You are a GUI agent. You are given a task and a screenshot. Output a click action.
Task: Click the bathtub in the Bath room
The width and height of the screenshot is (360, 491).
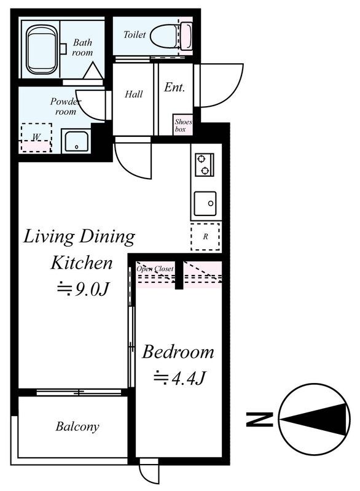(42, 50)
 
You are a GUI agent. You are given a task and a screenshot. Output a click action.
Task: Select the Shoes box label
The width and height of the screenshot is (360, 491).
(183, 125)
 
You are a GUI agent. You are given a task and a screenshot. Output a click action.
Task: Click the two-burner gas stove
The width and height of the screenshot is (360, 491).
(205, 164)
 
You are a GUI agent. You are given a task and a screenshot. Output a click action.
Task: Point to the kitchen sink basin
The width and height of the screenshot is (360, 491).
(205, 204)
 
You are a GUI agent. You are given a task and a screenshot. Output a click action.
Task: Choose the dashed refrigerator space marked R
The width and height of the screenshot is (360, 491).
(205, 236)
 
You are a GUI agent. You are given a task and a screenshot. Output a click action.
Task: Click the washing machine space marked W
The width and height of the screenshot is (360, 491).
(36, 137)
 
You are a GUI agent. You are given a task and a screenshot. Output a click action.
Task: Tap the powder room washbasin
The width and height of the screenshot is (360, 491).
(76, 142)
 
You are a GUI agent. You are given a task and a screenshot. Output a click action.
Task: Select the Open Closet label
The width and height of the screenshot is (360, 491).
(155, 269)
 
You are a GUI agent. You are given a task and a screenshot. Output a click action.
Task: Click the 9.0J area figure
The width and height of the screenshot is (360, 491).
(84, 288)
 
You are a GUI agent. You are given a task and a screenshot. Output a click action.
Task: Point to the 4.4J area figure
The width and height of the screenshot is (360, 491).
(179, 378)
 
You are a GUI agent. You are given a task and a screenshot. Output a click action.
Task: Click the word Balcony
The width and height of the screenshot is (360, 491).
(77, 426)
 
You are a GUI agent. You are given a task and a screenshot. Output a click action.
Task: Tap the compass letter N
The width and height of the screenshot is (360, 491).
(260, 419)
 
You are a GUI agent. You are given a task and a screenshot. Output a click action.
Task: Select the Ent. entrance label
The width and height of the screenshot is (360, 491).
(174, 87)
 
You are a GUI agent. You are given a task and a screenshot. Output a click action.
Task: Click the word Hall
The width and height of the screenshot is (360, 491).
(134, 95)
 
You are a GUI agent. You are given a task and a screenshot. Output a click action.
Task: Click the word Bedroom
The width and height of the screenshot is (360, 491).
(178, 352)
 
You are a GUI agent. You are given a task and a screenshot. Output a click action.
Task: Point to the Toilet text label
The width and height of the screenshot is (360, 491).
(135, 34)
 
